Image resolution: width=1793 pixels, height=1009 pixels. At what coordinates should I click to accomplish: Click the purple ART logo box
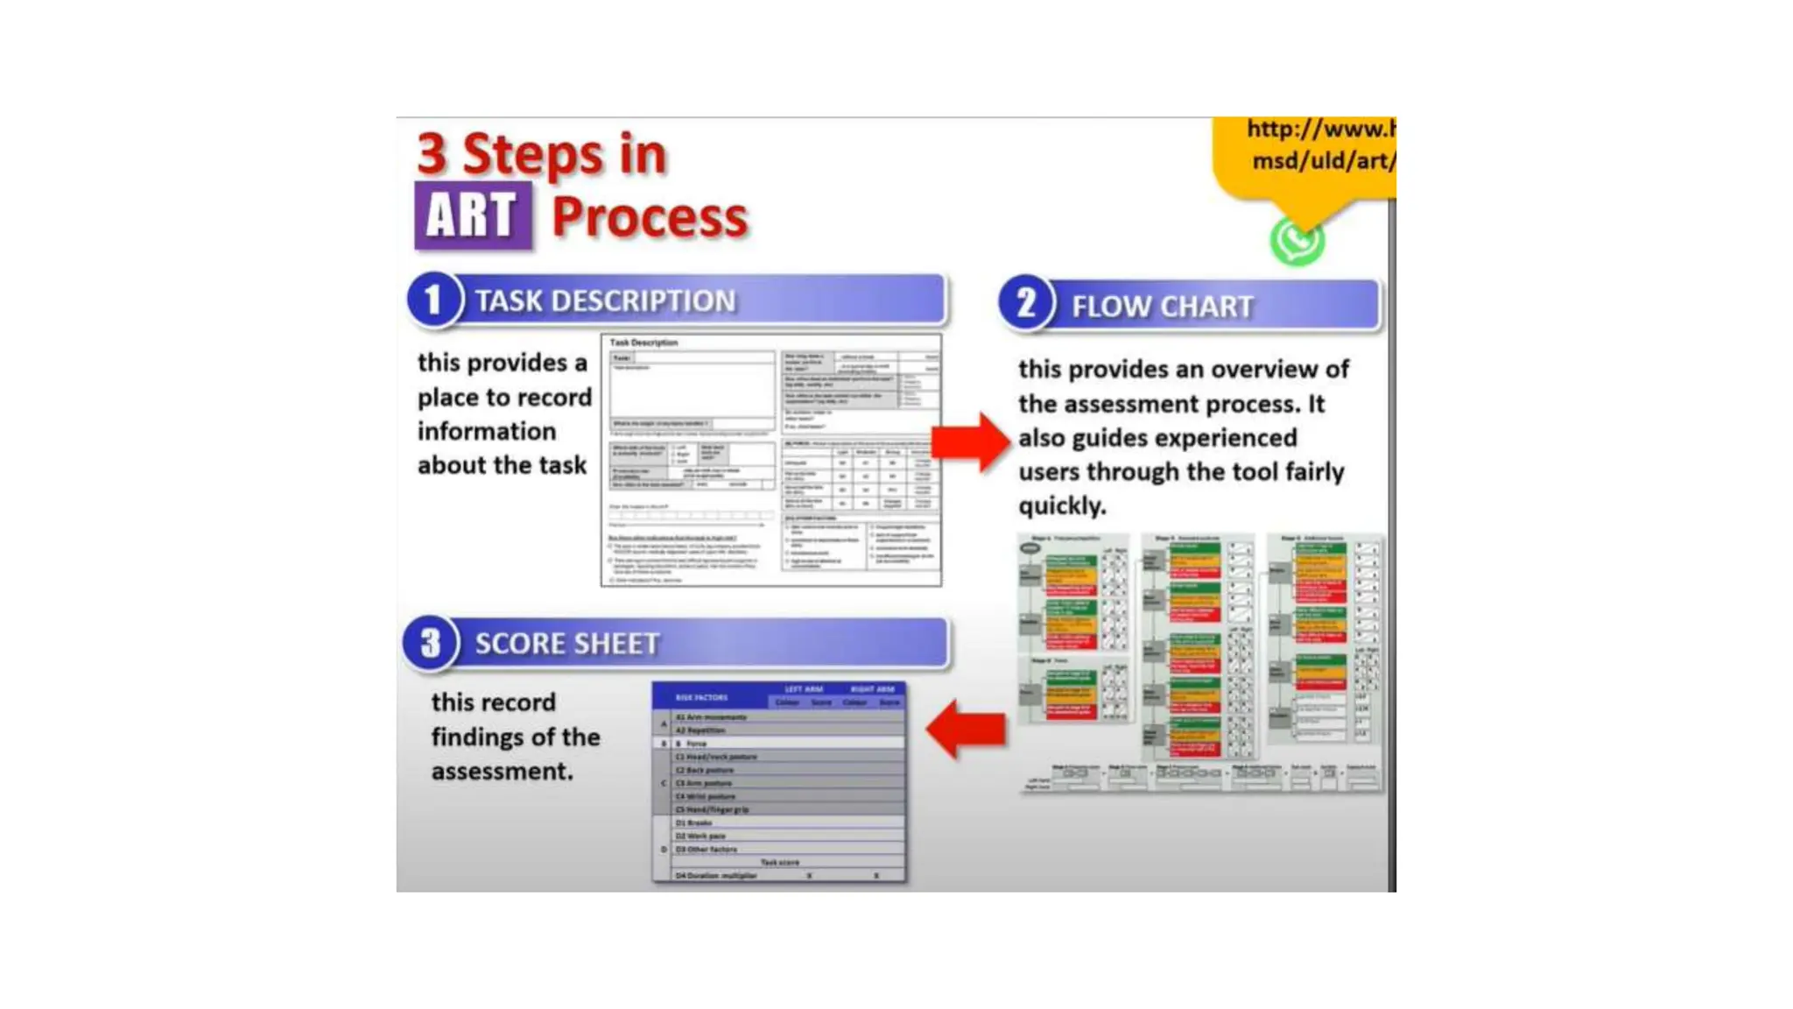click(473, 215)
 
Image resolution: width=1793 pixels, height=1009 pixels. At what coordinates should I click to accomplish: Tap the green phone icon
click(1297, 241)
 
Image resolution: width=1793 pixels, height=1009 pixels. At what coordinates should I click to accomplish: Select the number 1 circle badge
click(433, 300)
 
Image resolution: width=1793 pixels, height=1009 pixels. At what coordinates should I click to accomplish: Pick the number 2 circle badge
click(1025, 304)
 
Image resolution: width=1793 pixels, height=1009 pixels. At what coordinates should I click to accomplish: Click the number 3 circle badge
click(430, 643)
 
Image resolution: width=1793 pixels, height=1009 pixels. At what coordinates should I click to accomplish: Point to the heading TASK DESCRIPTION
click(605, 301)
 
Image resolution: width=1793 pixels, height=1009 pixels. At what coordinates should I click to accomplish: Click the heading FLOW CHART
click(1162, 307)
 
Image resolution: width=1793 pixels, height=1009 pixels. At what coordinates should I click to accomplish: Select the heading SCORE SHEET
click(566, 644)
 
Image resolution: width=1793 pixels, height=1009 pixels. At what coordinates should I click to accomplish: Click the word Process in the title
click(650, 217)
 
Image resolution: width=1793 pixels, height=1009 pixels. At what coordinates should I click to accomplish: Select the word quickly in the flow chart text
click(1062, 506)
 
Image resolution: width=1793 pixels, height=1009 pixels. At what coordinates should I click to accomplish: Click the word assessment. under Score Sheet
click(502, 772)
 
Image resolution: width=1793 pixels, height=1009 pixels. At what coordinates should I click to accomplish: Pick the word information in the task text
click(487, 432)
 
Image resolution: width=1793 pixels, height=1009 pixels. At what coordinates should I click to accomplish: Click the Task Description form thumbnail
click(771, 460)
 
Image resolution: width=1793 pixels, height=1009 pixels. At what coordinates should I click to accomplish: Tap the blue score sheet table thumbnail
click(779, 781)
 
